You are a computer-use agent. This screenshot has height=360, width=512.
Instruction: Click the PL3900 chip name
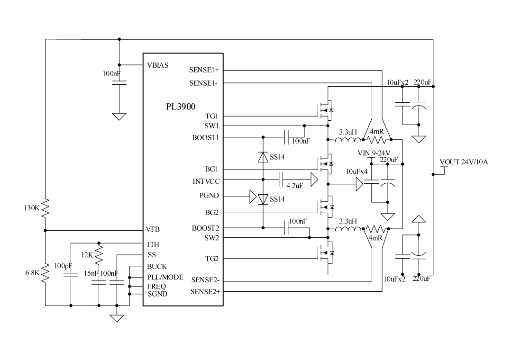[x=180, y=107]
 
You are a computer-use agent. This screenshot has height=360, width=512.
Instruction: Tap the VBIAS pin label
[x=158, y=65]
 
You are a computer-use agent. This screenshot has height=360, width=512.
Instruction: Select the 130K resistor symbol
[x=46, y=208]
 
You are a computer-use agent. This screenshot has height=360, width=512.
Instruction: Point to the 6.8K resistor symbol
[x=46, y=273]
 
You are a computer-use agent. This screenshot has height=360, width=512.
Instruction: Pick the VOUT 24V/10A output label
[x=464, y=162]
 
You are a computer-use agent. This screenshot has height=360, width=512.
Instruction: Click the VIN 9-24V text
[x=374, y=153]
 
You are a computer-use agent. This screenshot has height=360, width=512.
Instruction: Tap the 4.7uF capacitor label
[x=294, y=186]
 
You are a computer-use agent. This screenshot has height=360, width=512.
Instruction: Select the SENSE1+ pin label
[x=204, y=70]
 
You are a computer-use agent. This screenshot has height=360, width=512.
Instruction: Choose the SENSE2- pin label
[x=205, y=280]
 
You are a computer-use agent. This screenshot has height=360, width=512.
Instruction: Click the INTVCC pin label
[x=206, y=181]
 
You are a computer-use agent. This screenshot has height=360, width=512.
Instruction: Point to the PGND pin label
[x=209, y=196]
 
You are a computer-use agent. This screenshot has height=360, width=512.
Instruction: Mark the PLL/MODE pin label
[x=165, y=277]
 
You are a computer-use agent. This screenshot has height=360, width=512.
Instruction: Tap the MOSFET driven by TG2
[x=326, y=253]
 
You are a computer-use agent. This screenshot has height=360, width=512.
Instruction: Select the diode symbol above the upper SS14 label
[x=263, y=157]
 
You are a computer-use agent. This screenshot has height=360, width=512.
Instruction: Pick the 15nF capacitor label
[x=91, y=273]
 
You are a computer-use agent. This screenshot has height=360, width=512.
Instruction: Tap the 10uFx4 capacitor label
[x=357, y=171]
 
